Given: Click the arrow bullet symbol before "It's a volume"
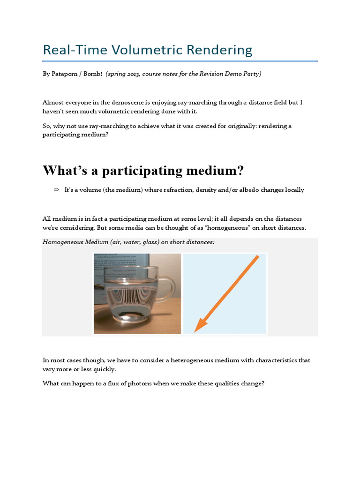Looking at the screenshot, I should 56,190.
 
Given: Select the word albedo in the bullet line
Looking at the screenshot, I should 244,190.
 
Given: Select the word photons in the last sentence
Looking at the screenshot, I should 124,383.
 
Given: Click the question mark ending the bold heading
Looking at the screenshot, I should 240,171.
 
